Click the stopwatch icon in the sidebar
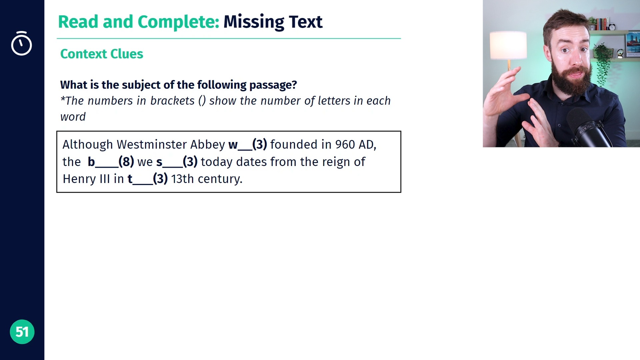tap(21, 43)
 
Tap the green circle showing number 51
tap(22, 332)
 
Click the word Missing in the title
tap(254, 22)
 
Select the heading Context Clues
tap(102, 54)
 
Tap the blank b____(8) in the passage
tap(111, 162)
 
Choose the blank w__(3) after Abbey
tap(248, 145)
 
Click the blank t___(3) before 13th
tap(148, 179)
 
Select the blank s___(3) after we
tap(177, 162)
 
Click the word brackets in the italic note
tap(172, 101)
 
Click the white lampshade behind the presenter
tap(508, 45)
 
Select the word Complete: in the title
tap(178, 22)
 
